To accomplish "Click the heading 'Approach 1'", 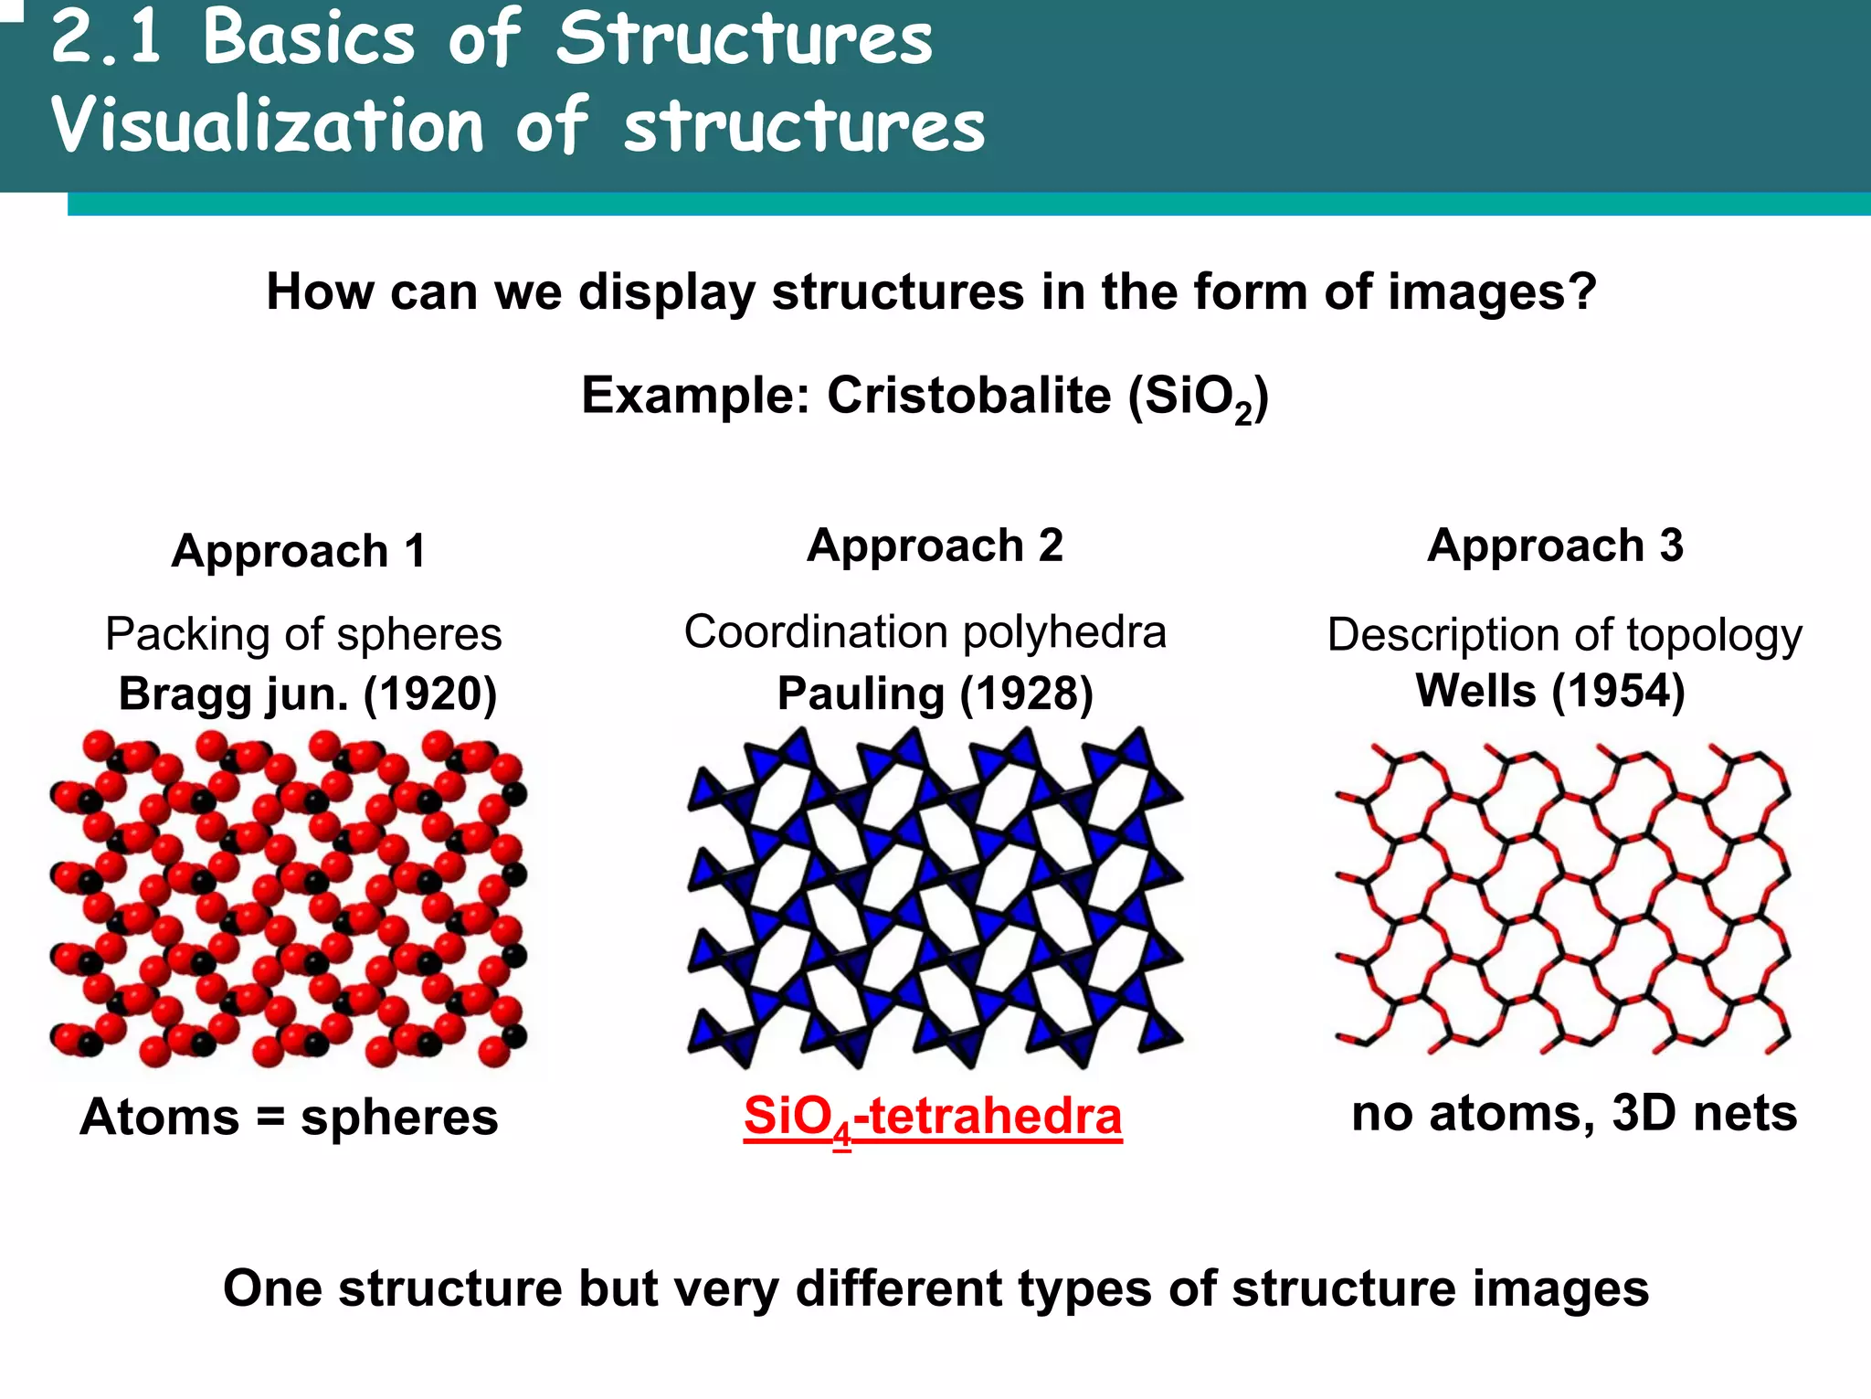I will pos(299,551).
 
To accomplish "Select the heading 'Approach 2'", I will pos(935,546).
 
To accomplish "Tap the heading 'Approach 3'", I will pos(1555,546).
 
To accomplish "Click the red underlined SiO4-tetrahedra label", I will pos(933,1117).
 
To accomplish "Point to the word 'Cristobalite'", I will pos(968,396).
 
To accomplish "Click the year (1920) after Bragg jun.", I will pos(430,694).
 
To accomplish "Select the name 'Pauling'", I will pos(860,694).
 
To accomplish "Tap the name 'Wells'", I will pos(1475,690).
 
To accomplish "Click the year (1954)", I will pos(1618,690).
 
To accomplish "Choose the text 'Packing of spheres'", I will pos(303,634).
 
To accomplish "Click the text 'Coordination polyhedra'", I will pos(925,631).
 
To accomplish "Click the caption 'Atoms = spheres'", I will pos(289,1117).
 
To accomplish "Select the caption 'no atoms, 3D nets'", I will pos(1573,1113).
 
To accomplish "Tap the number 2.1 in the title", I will pos(106,38).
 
